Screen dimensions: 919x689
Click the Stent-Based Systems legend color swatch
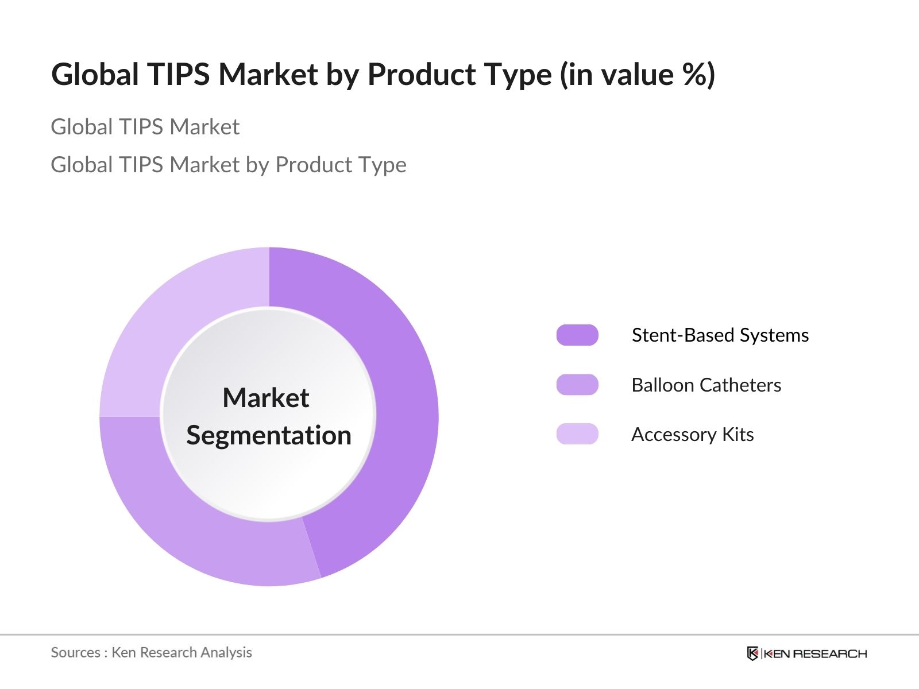click(577, 335)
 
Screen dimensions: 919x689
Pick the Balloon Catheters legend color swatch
click(577, 385)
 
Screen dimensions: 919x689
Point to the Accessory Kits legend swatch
click(577, 434)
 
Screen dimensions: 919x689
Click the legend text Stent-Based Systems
click(720, 335)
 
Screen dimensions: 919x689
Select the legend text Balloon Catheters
click(706, 385)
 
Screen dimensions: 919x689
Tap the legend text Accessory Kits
click(693, 435)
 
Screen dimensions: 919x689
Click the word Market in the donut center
click(266, 397)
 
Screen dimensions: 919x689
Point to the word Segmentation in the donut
click(269, 436)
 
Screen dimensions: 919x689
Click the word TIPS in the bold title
click(179, 75)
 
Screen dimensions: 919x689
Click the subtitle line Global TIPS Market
click(145, 127)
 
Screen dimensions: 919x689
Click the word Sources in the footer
click(75, 653)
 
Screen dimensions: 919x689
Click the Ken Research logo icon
click(752, 653)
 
